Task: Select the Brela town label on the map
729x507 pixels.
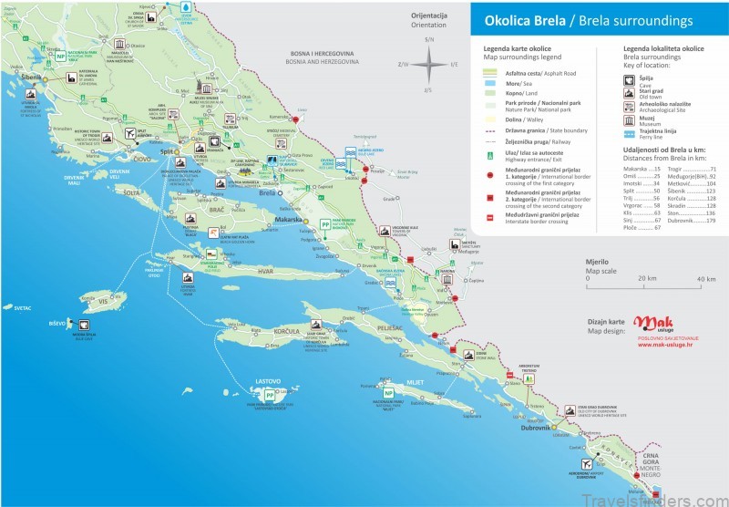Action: point(267,194)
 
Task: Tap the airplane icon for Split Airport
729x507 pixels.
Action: point(128,134)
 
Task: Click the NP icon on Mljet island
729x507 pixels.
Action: point(389,394)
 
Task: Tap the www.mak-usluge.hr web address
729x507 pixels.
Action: point(663,345)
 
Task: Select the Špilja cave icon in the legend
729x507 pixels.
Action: point(631,79)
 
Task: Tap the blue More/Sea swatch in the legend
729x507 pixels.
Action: point(490,81)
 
